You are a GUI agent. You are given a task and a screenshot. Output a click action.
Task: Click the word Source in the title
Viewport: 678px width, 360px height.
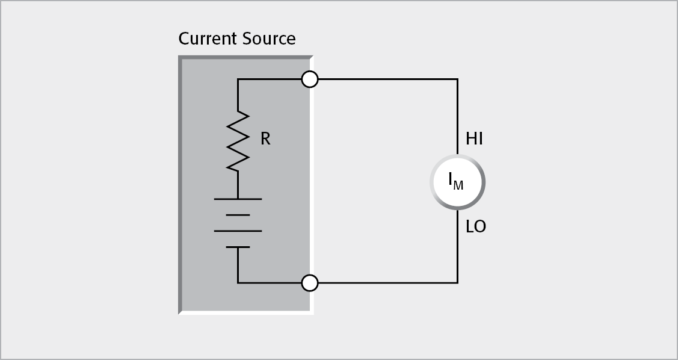pyautogui.click(x=269, y=39)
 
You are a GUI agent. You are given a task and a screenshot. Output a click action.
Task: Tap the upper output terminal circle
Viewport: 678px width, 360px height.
pyautogui.click(x=309, y=79)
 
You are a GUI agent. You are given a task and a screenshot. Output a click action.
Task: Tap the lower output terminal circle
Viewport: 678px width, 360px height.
pyautogui.click(x=309, y=282)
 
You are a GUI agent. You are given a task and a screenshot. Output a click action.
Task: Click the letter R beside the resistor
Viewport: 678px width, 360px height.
pyautogui.click(x=265, y=140)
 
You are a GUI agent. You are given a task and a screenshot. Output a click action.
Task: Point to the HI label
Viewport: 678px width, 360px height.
pyautogui.click(x=475, y=140)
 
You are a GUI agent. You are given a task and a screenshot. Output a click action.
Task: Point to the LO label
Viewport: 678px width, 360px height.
pyautogui.click(x=476, y=227)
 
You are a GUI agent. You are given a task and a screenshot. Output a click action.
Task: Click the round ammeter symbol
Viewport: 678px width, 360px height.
pyautogui.click(x=457, y=182)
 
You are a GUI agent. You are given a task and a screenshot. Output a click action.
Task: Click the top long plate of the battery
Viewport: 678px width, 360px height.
pyautogui.click(x=238, y=198)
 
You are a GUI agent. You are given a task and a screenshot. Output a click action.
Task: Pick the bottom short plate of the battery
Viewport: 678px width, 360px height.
pyautogui.click(x=238, y=247)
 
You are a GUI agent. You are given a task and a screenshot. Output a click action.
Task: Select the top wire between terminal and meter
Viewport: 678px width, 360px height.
pyautogui.click(x=385, y=79)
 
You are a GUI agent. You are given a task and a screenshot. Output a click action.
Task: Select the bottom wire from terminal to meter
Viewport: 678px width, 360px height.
pyautogui.click(x=385, y=282)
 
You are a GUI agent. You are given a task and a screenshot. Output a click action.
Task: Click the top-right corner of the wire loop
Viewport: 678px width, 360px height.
pyautogui.click(x=457, y=79)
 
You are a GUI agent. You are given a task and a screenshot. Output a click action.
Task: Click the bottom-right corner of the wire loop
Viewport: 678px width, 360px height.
pyautogui.click(x=457, y=282)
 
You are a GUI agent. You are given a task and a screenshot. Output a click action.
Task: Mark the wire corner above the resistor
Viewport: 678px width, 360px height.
pyautogui.click(x=238, y=79)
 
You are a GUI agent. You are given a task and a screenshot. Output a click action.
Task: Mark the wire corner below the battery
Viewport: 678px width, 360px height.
pyautogui.click(x=238, y=282)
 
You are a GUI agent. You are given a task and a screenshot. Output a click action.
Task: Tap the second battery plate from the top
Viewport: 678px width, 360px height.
pyautogui.click(x=238, y=214)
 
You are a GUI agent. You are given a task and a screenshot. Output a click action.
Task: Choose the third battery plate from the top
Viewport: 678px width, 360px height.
pyautogui.click(x=238, y=231)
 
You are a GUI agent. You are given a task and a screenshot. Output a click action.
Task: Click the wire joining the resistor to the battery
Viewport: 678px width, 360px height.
pyautogui.click(x=238, y=185)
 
